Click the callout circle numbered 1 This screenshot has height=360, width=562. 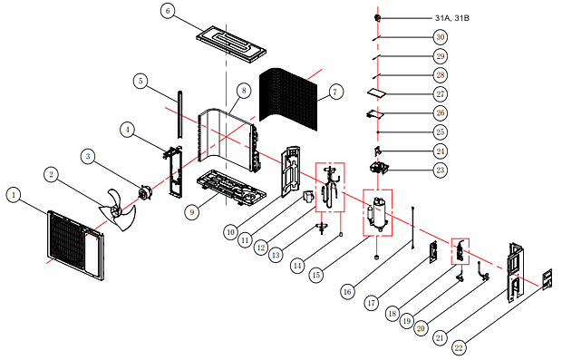[14, 195]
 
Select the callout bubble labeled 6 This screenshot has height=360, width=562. [168, 11]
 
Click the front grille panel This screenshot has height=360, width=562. [75, 245]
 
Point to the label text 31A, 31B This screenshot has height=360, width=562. [452, 18]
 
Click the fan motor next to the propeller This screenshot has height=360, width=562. [146, 192]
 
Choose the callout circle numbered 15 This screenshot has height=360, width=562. [316, 275]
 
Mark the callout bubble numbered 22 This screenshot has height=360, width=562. [459, 347]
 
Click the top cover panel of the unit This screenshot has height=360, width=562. [231, 44]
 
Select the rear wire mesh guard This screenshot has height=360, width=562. [288, 98]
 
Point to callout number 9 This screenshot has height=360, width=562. [192, 212]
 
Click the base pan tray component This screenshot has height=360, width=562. [231, 189]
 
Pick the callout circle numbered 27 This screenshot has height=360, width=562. [441, 94]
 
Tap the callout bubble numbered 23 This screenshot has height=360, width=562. [441, 170]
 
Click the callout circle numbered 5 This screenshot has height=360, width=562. [140, 81]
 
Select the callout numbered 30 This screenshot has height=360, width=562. [441, 37]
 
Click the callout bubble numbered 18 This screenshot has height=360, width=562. [392, 314]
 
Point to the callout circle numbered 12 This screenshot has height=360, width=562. [261, 248]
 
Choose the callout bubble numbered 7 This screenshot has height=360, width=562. [335, 92]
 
